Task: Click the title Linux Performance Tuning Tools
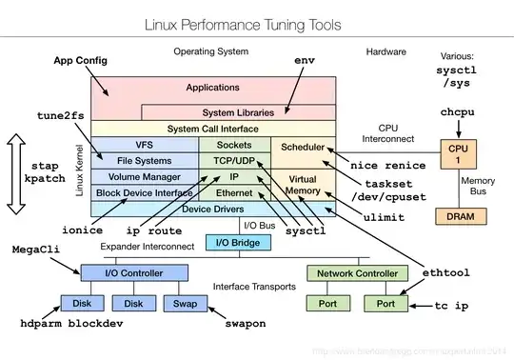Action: point(256,20)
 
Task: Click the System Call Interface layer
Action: point(213,128)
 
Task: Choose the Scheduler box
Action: point(297,149)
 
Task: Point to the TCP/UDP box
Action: point(233,161)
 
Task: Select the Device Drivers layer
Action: point(212,208)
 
